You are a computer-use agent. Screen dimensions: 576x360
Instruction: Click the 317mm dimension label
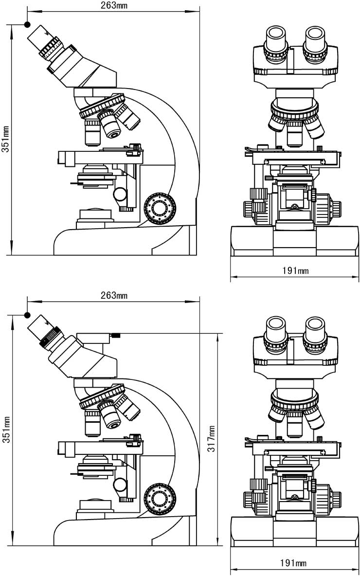tap(212, 439)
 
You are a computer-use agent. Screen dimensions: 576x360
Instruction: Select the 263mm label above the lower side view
tap(114, 295)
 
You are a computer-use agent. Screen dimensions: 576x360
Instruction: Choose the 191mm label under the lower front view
tap(293, 563)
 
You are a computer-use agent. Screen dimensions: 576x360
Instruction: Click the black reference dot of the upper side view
tap(27, 24)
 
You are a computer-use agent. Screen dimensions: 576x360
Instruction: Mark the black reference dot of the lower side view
tap(28, 314)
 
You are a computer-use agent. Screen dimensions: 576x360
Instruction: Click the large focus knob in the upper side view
tap(159, 209)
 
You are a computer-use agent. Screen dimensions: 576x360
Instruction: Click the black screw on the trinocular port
tap(115, 335)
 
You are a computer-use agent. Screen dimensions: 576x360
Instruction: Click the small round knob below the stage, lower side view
tap(120, 484)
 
